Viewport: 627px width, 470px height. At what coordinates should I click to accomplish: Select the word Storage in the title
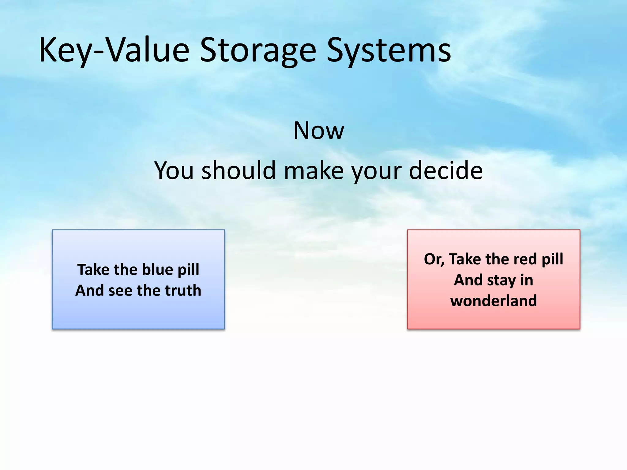tap(258, 50)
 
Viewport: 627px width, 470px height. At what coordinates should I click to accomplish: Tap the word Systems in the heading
tap(389, 50)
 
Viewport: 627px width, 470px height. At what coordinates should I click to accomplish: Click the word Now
tap(318, 131)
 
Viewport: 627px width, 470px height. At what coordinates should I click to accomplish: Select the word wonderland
tap(494, 301)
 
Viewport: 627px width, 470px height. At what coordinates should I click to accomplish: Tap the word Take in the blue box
tap(93, 270)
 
